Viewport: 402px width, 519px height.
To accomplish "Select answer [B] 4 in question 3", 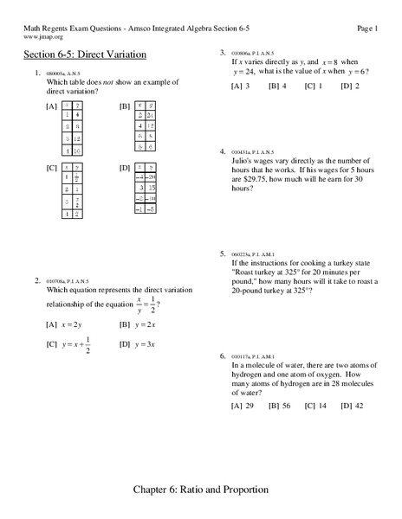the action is point(277,86).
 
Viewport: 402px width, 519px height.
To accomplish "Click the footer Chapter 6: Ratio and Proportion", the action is point(201,490).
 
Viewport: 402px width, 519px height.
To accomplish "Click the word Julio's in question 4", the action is point(245,159).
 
